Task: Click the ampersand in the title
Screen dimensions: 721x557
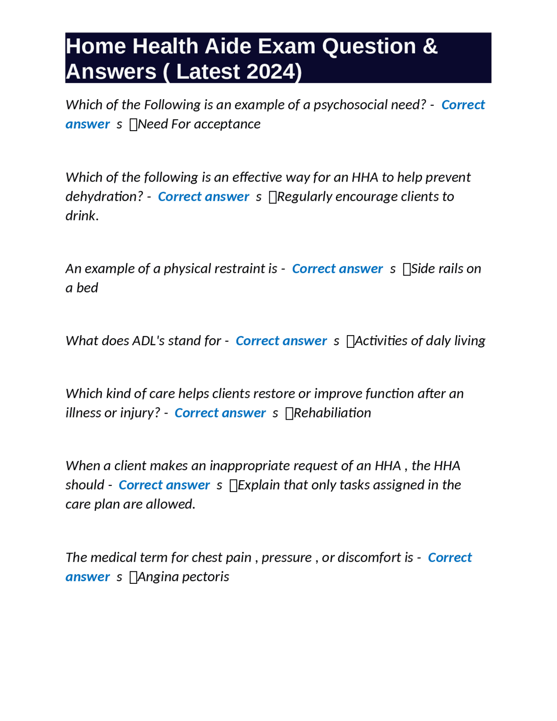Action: (429, 46)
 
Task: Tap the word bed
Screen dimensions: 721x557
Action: (89, 288)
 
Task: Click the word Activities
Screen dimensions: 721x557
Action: (383, 340)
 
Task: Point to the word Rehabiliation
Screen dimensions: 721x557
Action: (332, 413)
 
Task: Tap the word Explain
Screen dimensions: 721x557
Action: (258, 485)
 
